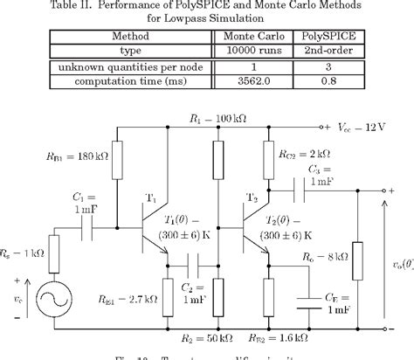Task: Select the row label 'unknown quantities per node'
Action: pos(130,66)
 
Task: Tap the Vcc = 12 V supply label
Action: pos(364,126)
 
